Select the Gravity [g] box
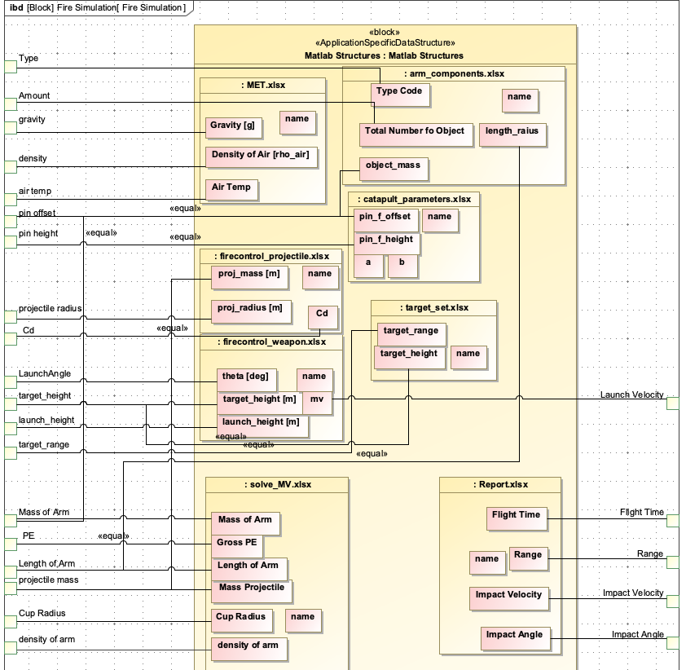[232, 126]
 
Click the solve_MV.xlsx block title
[276, 484]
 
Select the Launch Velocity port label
[631, 395]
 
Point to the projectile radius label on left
[50, 309]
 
